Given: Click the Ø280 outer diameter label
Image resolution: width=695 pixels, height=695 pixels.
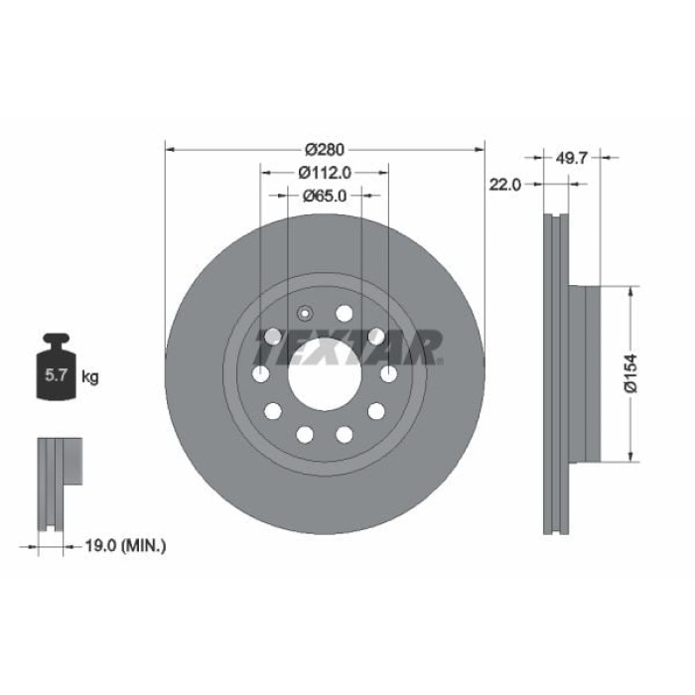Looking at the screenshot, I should (324, 149).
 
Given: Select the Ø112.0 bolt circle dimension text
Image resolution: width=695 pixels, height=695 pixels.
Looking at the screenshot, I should (325, 172).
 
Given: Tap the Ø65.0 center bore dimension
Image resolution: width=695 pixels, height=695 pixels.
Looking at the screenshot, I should (325, 196).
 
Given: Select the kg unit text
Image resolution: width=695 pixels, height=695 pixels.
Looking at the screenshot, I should (89, 376).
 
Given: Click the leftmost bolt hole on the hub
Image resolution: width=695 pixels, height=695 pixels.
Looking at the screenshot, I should (260, 373).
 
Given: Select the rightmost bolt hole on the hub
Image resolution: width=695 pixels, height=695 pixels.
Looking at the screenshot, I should (388, 373).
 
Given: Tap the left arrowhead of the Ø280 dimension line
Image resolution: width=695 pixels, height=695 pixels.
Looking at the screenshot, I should (168, 149).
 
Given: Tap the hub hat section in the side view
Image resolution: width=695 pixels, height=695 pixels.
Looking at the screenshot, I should (586, 374).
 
